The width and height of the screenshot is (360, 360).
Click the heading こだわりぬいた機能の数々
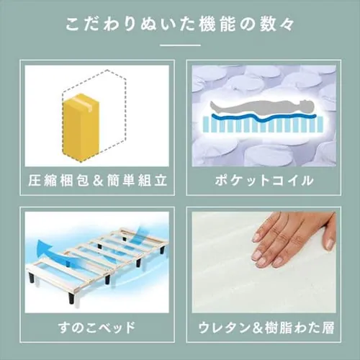point(179,24)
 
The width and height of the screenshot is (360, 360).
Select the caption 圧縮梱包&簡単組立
point(97,180)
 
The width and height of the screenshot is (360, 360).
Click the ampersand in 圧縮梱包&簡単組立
point(98,181)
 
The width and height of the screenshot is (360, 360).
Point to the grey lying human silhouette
point(262,108)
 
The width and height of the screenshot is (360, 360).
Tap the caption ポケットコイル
point(264,181)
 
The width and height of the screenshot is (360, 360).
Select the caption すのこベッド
point(97,328)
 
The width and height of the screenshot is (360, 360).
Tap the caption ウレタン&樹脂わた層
point(266,328)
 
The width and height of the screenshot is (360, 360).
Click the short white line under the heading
point(180,45)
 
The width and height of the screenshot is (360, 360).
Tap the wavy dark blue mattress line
point(264,117)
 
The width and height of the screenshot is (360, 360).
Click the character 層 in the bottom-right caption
point(328,328)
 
